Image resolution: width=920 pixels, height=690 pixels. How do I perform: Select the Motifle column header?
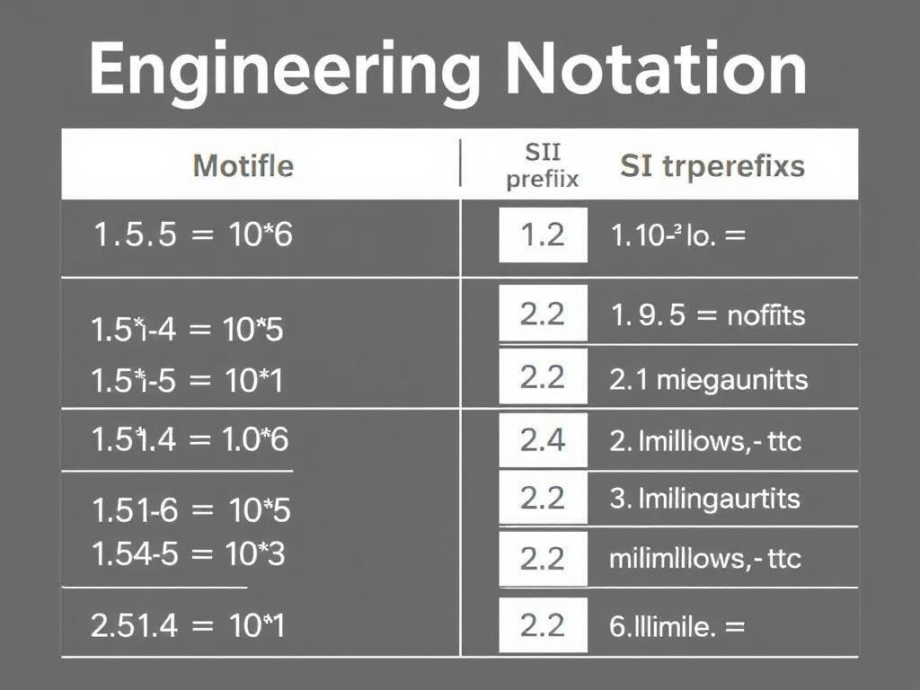(243, 166)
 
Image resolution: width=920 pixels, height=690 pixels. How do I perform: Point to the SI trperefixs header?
(712, 166)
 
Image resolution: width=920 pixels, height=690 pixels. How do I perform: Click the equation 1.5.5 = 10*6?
(193, 235)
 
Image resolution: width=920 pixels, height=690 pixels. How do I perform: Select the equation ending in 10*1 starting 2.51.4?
(188, 625)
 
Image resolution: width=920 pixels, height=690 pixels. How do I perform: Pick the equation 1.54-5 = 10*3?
(188, 554)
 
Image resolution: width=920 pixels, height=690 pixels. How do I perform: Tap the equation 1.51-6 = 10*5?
(191, 510)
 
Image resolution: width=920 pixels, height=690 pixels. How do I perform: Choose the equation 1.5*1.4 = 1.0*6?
(190, 439)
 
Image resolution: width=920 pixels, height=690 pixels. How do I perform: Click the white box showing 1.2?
(543, 235)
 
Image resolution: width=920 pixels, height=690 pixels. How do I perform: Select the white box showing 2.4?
(543, 440)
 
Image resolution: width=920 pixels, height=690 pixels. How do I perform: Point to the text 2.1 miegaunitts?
(708, 379)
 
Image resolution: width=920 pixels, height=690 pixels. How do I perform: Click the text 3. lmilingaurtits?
(704, 499)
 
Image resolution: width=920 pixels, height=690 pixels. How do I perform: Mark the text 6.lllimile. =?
(677, 626)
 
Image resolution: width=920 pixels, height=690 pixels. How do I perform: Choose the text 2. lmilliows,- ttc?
(705, 441)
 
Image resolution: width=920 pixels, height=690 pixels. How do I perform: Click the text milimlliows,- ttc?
(704, 559)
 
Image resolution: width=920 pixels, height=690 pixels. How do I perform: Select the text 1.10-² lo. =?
(678, 236)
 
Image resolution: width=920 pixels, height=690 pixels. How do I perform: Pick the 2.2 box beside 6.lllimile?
(543, 625)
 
